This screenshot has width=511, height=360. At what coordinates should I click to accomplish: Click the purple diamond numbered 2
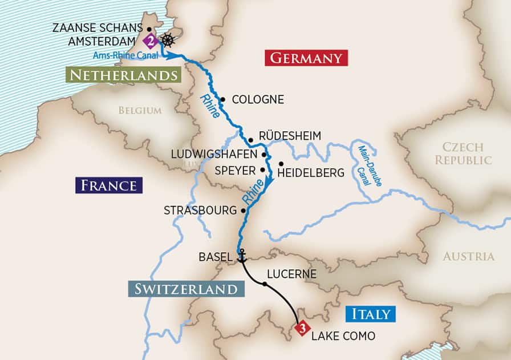pyautogui.click(x=150, y=41)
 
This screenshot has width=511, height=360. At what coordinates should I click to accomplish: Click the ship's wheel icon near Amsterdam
pyautogui.click(x=167, y=41)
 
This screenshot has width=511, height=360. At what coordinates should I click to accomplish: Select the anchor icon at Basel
pyautogui.click(x=241, y=256)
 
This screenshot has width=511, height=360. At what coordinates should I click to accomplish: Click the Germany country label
pyautogui.click(x=306, y=58)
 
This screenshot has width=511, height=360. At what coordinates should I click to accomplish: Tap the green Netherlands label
pyautogui.click(x=121, y=75)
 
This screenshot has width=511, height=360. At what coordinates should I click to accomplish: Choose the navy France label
pyautogui.click(x=108, y=185)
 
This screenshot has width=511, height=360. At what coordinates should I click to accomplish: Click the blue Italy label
pyautogui.click(x=370, y=314)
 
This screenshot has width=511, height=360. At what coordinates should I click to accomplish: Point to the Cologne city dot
pyautogui.click(x=222, y=99)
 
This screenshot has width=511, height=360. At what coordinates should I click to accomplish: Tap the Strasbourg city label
pyautogui.click(x=200, y=211)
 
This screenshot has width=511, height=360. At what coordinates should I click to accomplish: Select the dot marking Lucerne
pyautogui.click(x=265, y=284)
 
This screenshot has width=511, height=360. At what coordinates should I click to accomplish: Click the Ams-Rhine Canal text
pyautogui.click(x=125, y=55)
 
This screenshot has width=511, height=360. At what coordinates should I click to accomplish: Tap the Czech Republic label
pyautogui.click(x=463, y=153)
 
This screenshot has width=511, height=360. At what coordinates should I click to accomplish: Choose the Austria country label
pyautogui.click(x=468, y=256)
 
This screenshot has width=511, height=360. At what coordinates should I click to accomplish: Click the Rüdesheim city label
pyautogui.click(x=290, y=136)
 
